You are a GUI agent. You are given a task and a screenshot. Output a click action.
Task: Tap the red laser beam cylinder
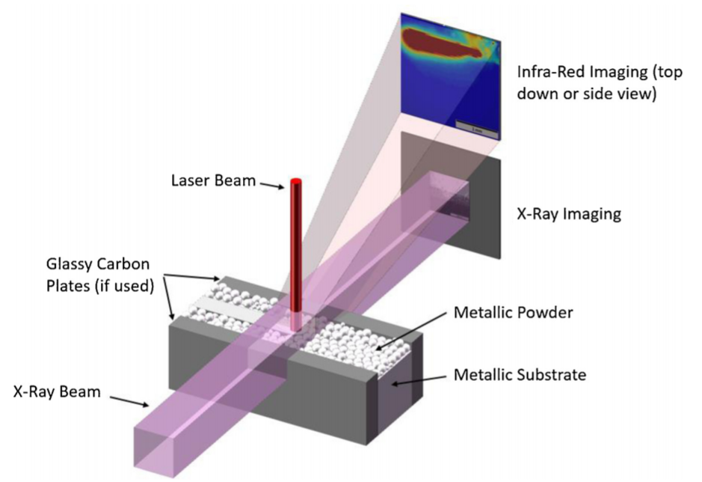pos(295,247)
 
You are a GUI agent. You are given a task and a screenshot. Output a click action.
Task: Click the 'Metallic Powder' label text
pos(513,312)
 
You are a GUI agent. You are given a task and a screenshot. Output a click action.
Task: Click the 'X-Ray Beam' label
pos(57,390)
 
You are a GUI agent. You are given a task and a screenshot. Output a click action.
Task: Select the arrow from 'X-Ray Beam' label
pos(130,400)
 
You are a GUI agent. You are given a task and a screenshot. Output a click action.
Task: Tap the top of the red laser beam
pos(295,182)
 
